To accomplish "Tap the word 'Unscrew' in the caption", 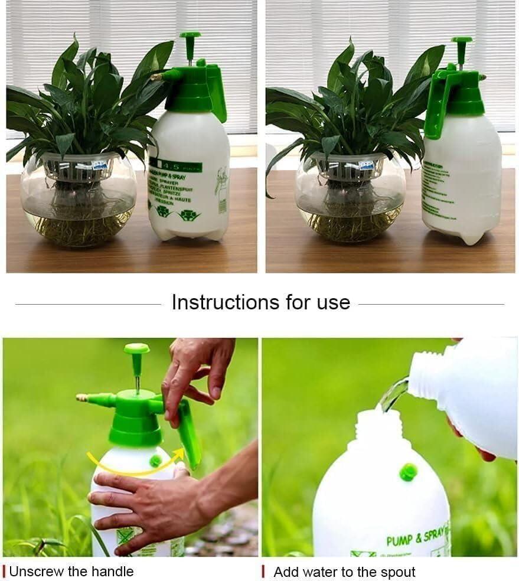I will point(31,572).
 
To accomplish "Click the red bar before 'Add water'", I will point(263,572).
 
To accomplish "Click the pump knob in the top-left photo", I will point(190,37).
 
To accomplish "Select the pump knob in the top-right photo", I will point(461,42).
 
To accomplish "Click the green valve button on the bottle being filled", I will point(408,471).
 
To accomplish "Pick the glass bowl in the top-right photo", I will point(350,204).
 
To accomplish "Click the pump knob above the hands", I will point(136,350).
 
